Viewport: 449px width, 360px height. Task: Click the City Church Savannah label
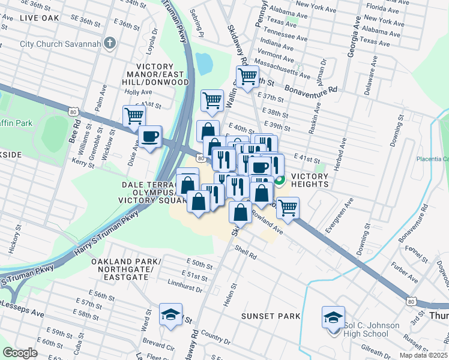tap(59, 43)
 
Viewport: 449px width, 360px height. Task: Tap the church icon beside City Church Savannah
tap(109, 43)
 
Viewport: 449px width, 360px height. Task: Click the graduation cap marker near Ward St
tap(170, 314)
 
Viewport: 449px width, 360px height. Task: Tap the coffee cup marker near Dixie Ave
tap(149, 136)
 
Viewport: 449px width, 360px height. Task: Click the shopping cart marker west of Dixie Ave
tap(134, 116)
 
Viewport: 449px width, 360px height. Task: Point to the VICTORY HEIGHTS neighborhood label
tap(310, 180)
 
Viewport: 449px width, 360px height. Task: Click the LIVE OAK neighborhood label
tap(39, 18)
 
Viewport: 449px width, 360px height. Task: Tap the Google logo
tap(20, 353)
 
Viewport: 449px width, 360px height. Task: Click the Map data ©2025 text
tap(423, 355)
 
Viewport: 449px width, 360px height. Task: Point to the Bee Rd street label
tap(77, 130)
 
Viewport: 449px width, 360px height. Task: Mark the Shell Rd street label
tap(246, 252)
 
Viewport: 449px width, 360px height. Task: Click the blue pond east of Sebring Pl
tap(204, 62)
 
